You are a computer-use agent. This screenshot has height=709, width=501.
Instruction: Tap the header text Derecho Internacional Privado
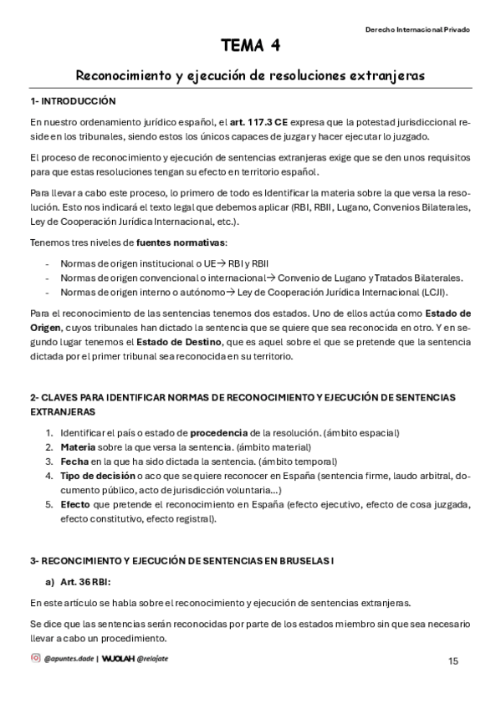[417, 29]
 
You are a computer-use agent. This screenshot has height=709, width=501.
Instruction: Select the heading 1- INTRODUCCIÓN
[73, 101]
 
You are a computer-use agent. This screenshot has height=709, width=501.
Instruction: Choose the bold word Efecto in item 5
[74, 504]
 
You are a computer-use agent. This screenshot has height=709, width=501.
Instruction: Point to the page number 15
[452, 661]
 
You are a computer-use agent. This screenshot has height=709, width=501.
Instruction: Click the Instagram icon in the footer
[35, 658]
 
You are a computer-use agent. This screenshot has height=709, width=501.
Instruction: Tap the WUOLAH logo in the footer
[119, 658]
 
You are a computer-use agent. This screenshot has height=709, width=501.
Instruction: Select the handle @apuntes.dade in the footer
[69, 659]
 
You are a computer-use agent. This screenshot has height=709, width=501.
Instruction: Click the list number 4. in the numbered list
[49, 476]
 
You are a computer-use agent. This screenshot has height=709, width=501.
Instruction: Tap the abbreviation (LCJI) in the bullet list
[432, 292]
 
